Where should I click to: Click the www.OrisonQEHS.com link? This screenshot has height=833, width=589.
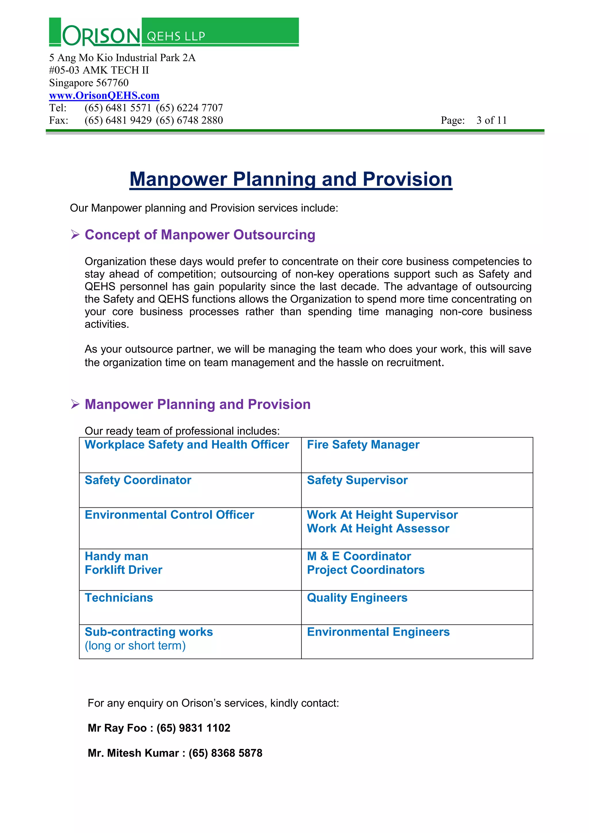[104, 95]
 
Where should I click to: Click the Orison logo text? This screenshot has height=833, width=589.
[101, 36]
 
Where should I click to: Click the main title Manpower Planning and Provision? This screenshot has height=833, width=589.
[290, 179]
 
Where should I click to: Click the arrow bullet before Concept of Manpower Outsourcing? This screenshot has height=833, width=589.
[75, 235]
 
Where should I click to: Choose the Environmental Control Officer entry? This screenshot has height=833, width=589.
[169, 515]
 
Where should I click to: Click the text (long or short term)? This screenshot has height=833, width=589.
[135, 645]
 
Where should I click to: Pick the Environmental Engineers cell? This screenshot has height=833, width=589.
[378, 632]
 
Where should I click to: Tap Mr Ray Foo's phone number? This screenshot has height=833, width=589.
[193, 728]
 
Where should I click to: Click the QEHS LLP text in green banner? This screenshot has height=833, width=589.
[176, 36]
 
